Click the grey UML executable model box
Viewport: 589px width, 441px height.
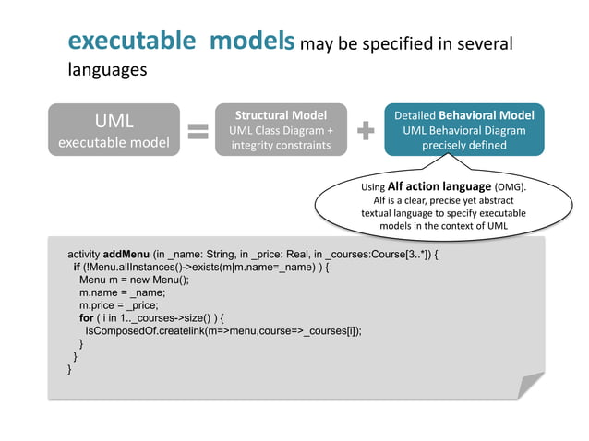point(114,130)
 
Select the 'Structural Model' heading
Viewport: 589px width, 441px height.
point(281,115)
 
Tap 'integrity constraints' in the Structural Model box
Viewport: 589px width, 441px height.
point(281,146)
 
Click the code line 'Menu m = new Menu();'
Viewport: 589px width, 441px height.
point(134,280)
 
